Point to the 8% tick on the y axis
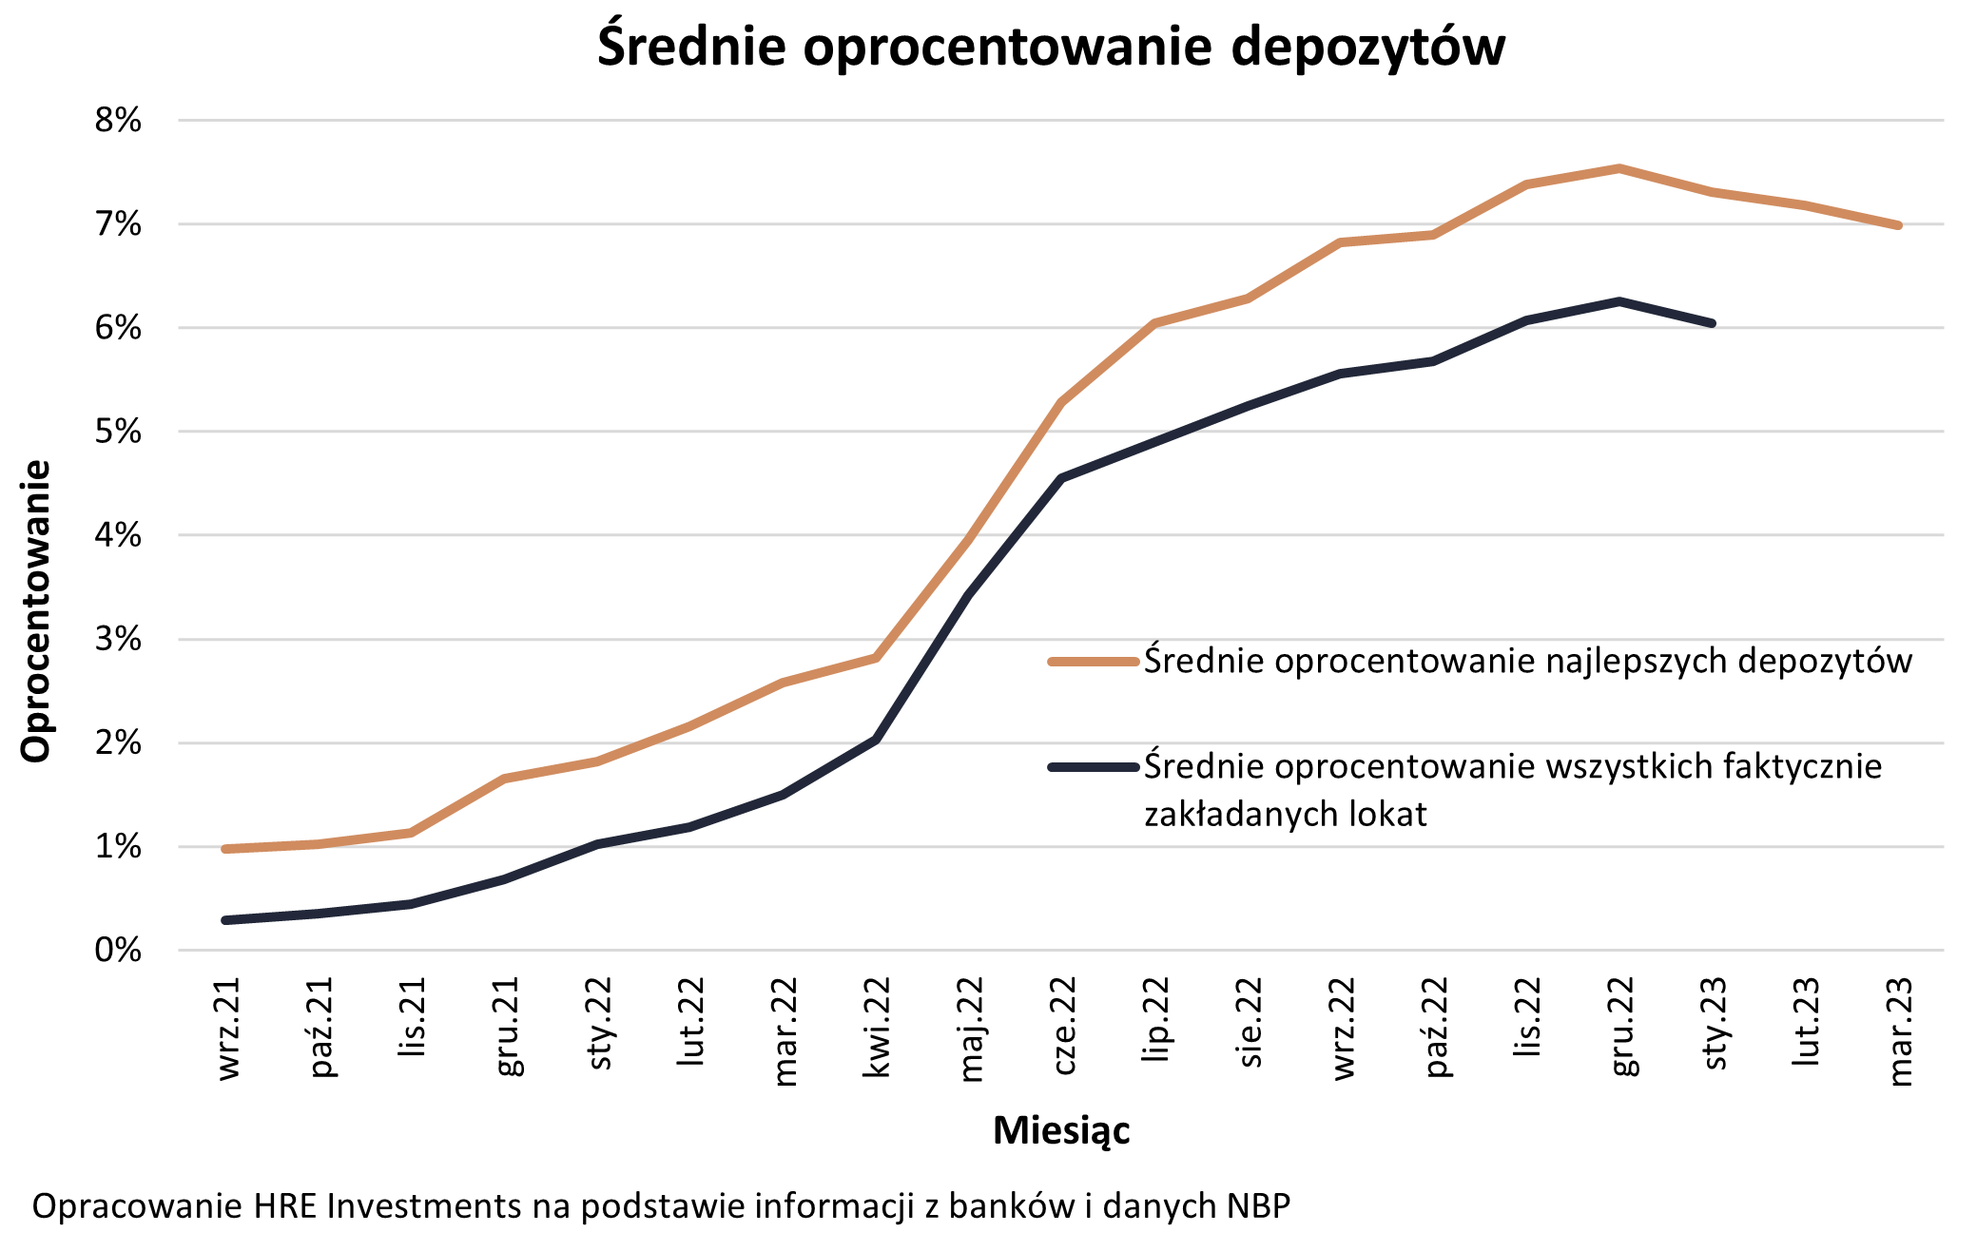118,121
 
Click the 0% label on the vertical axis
118,950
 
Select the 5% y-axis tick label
118,432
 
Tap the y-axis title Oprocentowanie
35,611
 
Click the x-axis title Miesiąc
1061,1130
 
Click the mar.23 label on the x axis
1898,1031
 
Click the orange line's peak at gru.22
1618,168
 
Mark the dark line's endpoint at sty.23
1712,323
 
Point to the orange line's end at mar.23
1898,225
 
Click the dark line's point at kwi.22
876,739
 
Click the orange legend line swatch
1093,662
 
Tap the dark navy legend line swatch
1093,767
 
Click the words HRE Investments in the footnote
388,1206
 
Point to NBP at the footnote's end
1257,1206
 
